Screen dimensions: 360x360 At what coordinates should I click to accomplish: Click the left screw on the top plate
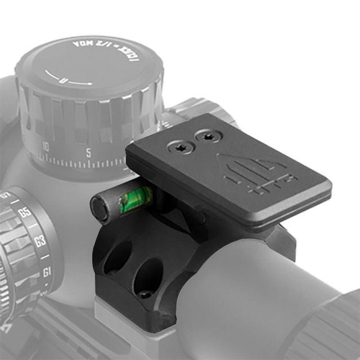(x=179, y=147)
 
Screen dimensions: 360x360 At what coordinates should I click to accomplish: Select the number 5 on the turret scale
(x=86, y=153)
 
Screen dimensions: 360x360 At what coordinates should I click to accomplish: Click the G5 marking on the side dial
(x=24, y=214)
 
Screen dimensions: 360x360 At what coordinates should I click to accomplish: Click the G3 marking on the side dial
(x=40, y=242)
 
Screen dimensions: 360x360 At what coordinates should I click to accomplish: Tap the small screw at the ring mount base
(x=145, y=294)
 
